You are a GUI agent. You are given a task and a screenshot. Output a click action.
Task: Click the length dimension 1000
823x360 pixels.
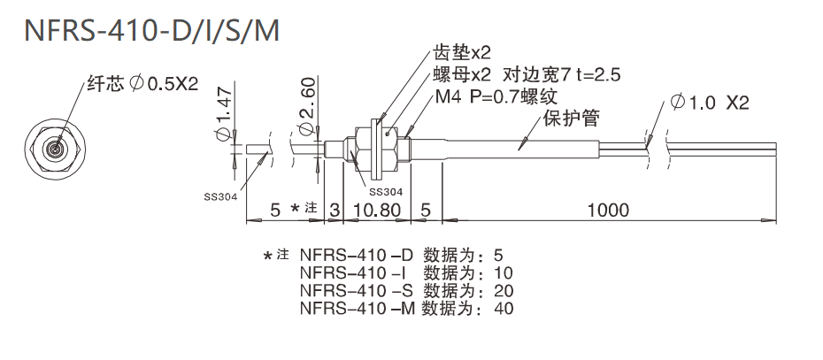tap(607, 211)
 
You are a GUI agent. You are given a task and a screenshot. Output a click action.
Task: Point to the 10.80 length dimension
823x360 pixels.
tap(377, 211)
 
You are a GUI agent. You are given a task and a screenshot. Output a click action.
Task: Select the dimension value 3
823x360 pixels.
tap(334, 211)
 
